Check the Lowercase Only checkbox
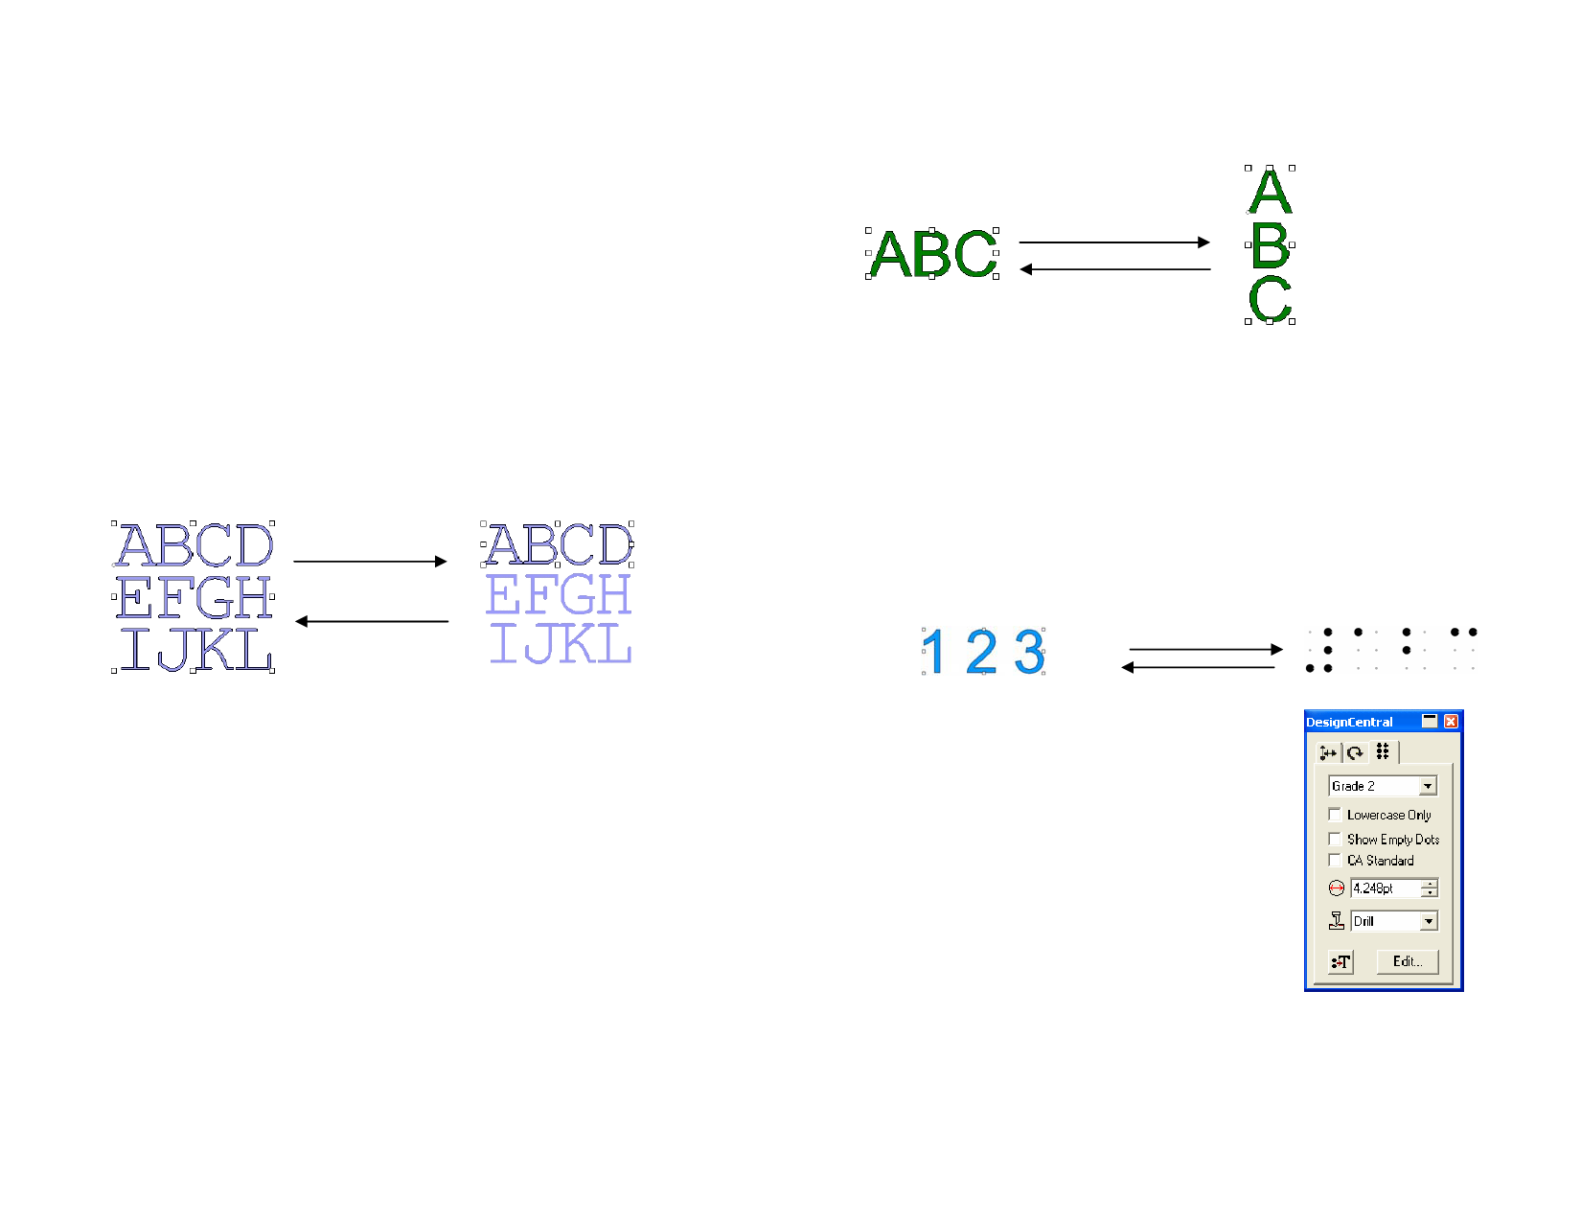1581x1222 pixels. (1335, 815)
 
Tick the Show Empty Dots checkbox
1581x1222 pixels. (1335, 840)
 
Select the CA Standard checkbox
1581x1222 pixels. (1335, 861)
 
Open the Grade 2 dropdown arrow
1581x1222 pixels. (1428, 787)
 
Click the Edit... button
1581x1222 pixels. (1407, 961)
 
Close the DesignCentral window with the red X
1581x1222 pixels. (1451, 722)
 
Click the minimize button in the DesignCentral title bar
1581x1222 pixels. (1430, 722)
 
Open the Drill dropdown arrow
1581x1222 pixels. (1429, 922)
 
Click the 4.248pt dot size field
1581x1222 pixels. (1385, 888)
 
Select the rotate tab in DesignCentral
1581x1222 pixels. (1355, 753)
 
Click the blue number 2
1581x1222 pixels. (981, 653)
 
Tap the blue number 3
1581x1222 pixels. (1029, 653)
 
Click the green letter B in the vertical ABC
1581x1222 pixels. (1271, 246)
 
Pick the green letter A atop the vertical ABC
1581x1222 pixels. (1271, 191)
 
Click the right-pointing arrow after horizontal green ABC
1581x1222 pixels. (1114, 242)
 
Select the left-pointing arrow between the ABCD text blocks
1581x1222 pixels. (372, 622)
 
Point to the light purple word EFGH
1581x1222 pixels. (559, 595)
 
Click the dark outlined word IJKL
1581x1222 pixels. (195, 650)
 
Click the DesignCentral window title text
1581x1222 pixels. (1349, 723)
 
